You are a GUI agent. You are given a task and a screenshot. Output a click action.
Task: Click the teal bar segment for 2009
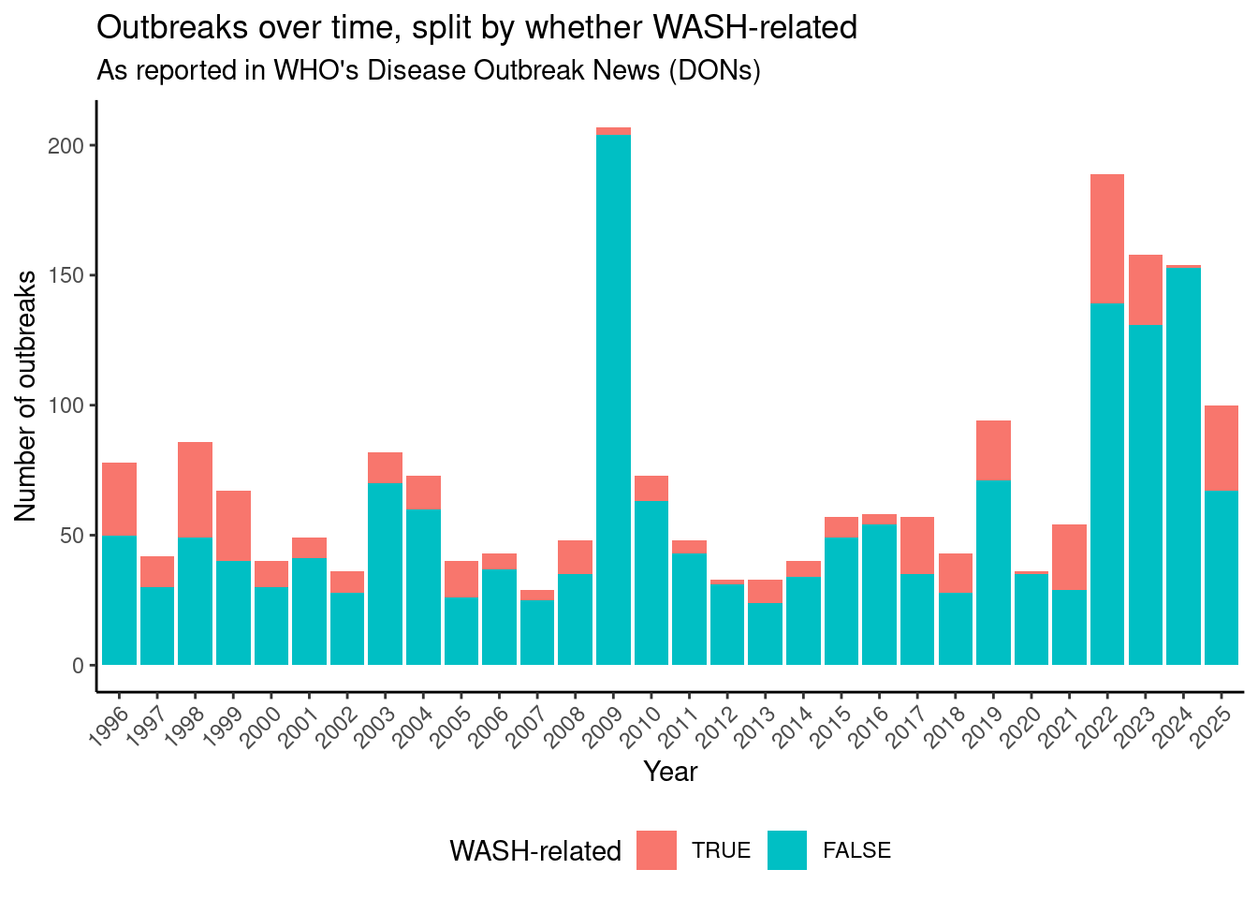click(x=613, y=403)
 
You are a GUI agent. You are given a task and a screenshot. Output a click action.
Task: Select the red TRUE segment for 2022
click(x=1106, y=238)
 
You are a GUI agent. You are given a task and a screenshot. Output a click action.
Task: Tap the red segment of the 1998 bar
click(x=195, y=489)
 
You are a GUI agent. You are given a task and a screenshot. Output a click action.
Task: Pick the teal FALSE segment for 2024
click(x=1183, y=468)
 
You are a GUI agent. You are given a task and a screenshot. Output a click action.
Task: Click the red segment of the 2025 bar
click(x=1221, y=448)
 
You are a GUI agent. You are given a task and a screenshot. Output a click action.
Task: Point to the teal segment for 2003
click(x=385, y=573)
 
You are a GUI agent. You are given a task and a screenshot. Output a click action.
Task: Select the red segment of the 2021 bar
click(x=1069, y=556)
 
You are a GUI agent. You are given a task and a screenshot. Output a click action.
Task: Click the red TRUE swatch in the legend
click(x=656, y=850)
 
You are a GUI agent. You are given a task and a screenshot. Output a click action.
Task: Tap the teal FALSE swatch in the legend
click(x=786, y=850)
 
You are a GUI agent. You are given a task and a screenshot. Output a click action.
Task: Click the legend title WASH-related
click(x=535, y=850)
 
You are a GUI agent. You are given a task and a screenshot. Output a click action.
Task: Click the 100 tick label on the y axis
click(x=66, y=405)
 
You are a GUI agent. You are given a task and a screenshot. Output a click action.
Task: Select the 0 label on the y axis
click(x=79, y=666)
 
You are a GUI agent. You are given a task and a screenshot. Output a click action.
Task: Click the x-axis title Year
click(x=670, y=772)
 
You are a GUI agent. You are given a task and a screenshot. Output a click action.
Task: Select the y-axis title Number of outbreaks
click(x=26, y=395)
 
